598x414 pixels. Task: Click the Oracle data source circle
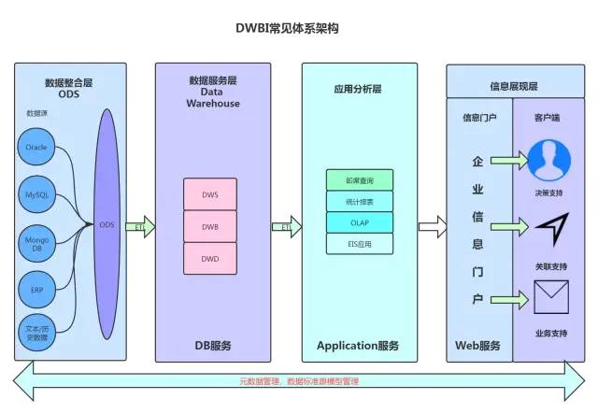36,148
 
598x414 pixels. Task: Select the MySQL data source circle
36,194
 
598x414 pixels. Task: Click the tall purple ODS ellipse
107,224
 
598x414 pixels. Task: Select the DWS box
210,194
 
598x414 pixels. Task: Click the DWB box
210,226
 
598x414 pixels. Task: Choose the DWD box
210,258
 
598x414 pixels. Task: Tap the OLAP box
360,222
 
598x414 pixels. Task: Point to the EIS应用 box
360,244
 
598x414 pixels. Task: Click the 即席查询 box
360,179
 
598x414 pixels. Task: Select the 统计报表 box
360,201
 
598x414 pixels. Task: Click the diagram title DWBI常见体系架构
287,28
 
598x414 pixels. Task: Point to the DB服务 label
213,345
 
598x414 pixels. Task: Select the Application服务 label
358,345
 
